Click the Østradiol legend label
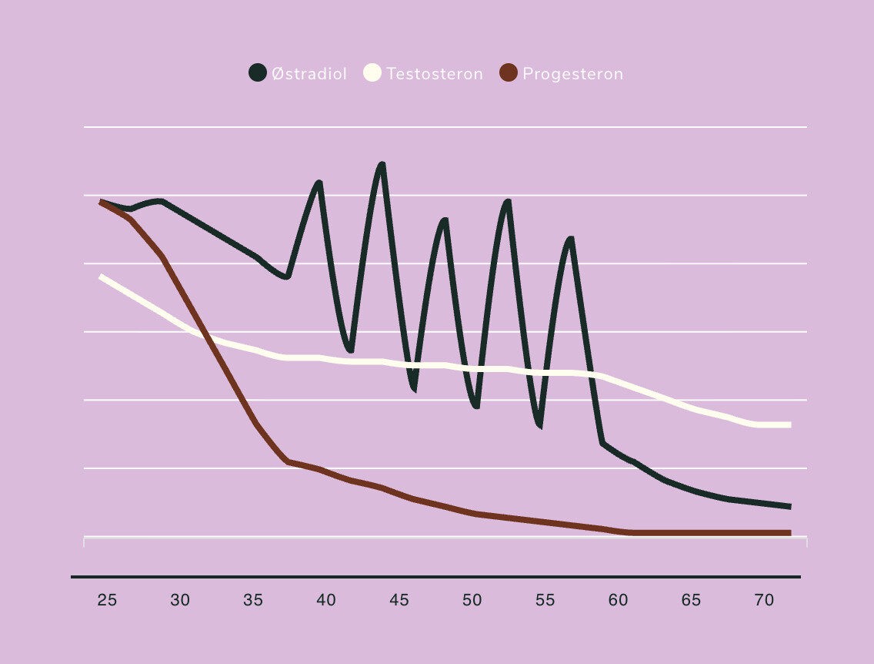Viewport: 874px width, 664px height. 309,74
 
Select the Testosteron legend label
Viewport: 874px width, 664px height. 435,74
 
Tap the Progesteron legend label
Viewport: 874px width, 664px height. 572,74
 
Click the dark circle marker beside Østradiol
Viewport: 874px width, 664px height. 258,73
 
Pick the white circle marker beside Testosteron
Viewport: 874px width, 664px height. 372,73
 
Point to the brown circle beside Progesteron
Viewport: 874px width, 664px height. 509,73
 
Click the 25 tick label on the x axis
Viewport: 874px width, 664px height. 107,600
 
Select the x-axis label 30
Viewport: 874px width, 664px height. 180,600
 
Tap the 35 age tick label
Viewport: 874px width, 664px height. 253,600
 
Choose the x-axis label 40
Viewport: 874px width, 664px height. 326,600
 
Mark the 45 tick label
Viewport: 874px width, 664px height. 399,600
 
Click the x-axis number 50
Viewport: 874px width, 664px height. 472,600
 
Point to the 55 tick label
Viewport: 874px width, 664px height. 545,600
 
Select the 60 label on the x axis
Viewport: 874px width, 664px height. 618,600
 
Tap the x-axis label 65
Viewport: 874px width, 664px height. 691,600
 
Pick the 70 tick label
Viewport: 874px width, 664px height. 764,600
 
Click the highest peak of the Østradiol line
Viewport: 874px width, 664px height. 382,165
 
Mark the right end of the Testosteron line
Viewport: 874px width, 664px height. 789,424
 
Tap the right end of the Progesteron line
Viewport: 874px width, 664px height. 789,532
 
